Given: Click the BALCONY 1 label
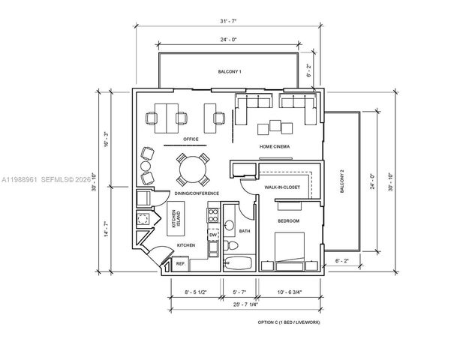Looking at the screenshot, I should point(230,71).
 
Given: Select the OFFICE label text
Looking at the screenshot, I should point(181,139).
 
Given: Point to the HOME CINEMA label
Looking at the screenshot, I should point(275,146).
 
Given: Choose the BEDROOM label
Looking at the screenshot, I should point(288,221).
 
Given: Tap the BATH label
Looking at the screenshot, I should point(245,231).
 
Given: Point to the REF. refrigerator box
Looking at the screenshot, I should point(180,264).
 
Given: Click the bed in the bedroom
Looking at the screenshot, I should point(289,251).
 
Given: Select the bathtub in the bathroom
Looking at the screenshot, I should point(240,263).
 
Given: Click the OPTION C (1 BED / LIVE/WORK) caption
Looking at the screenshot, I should point(290,322).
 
